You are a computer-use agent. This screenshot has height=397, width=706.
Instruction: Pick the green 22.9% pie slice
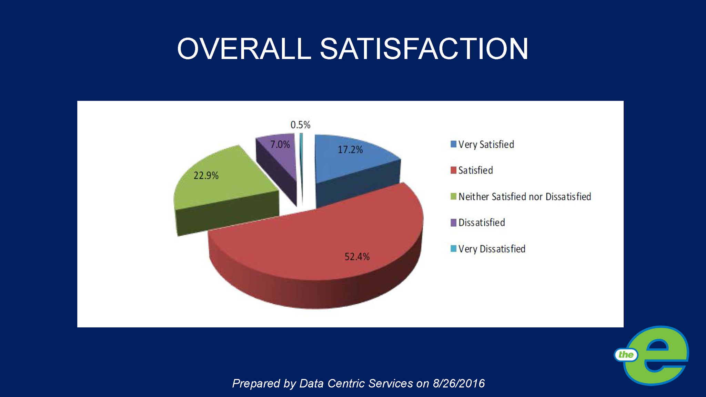[x=221, y=186]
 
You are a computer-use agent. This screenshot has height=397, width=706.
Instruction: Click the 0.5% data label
[x=300, y=125]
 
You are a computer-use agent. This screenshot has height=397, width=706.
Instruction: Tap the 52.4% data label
[x=357, y=257]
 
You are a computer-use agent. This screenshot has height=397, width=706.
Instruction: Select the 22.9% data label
[x=206, y=176]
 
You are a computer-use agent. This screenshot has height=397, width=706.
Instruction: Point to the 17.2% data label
[x=350, y=150]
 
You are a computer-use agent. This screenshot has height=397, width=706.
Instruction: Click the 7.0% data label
[x=280, y=145]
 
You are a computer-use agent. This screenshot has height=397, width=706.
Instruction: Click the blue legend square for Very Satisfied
[x=453, y=144]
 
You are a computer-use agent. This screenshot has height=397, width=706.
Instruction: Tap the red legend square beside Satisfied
[x=453, y=170]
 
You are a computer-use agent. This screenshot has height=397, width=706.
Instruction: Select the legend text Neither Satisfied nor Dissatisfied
[x=524, y=197]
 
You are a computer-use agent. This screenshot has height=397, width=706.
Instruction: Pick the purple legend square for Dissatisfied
[x=453, y=222]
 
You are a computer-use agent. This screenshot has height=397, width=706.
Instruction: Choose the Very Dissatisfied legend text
[x=492, y=249]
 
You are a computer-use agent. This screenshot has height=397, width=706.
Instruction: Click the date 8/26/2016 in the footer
[x=458, y=384]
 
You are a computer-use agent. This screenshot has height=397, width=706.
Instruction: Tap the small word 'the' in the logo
[x=626, y=355]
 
